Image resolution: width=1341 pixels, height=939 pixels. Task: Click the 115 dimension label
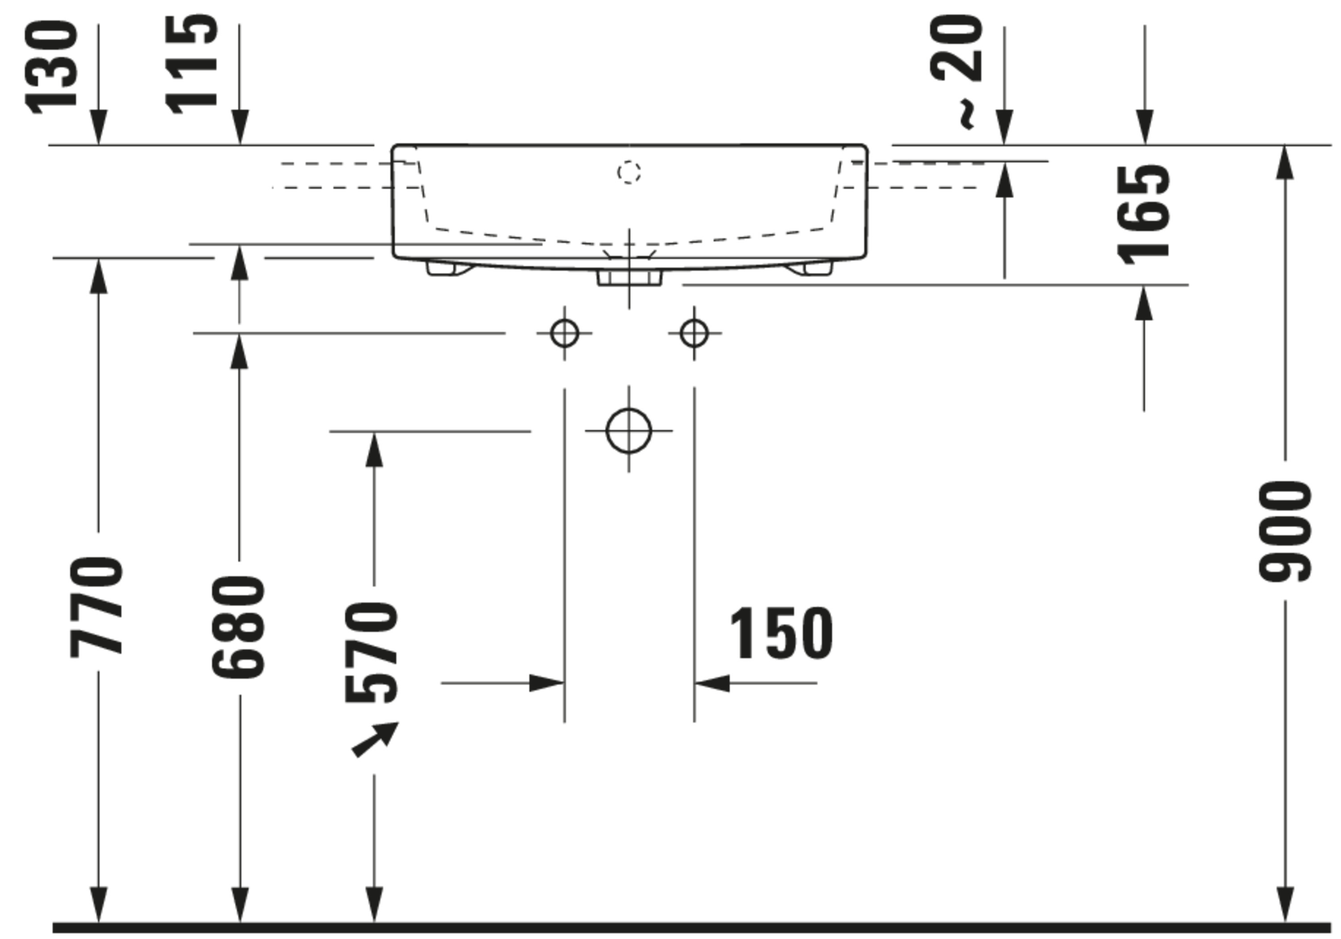pos(192,65)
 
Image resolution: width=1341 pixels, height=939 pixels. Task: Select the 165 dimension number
pos(1143,215)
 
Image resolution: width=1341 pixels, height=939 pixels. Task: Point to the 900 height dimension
pos(1285,532)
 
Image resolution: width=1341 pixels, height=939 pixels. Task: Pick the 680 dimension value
pos(239,626)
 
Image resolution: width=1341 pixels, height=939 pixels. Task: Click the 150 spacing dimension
pos(781,634)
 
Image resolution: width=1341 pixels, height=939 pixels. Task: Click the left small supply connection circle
pos(564,333)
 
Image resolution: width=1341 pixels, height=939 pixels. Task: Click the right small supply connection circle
pos(694,333)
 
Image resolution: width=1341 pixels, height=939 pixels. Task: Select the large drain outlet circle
pos(628,431)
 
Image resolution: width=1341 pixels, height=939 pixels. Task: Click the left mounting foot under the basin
pos(448,268)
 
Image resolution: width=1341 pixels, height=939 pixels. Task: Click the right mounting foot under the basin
pos(810,268)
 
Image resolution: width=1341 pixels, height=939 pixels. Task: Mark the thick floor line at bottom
pos(692,927)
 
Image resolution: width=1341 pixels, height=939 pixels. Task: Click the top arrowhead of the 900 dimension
pos(1286,162)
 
